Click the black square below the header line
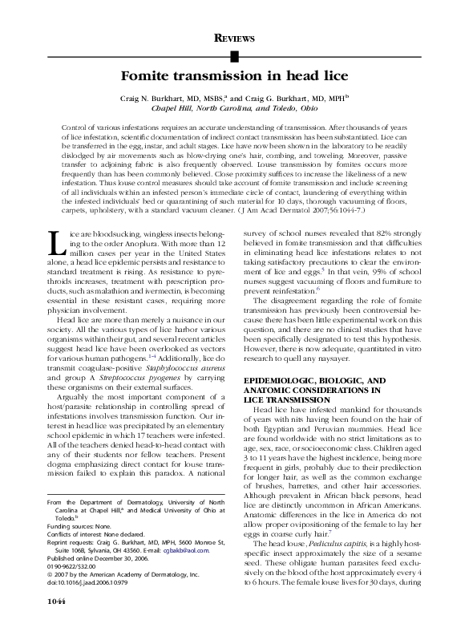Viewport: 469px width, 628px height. tap(234, 56)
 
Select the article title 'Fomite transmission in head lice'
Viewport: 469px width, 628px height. tap(234, 78)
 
